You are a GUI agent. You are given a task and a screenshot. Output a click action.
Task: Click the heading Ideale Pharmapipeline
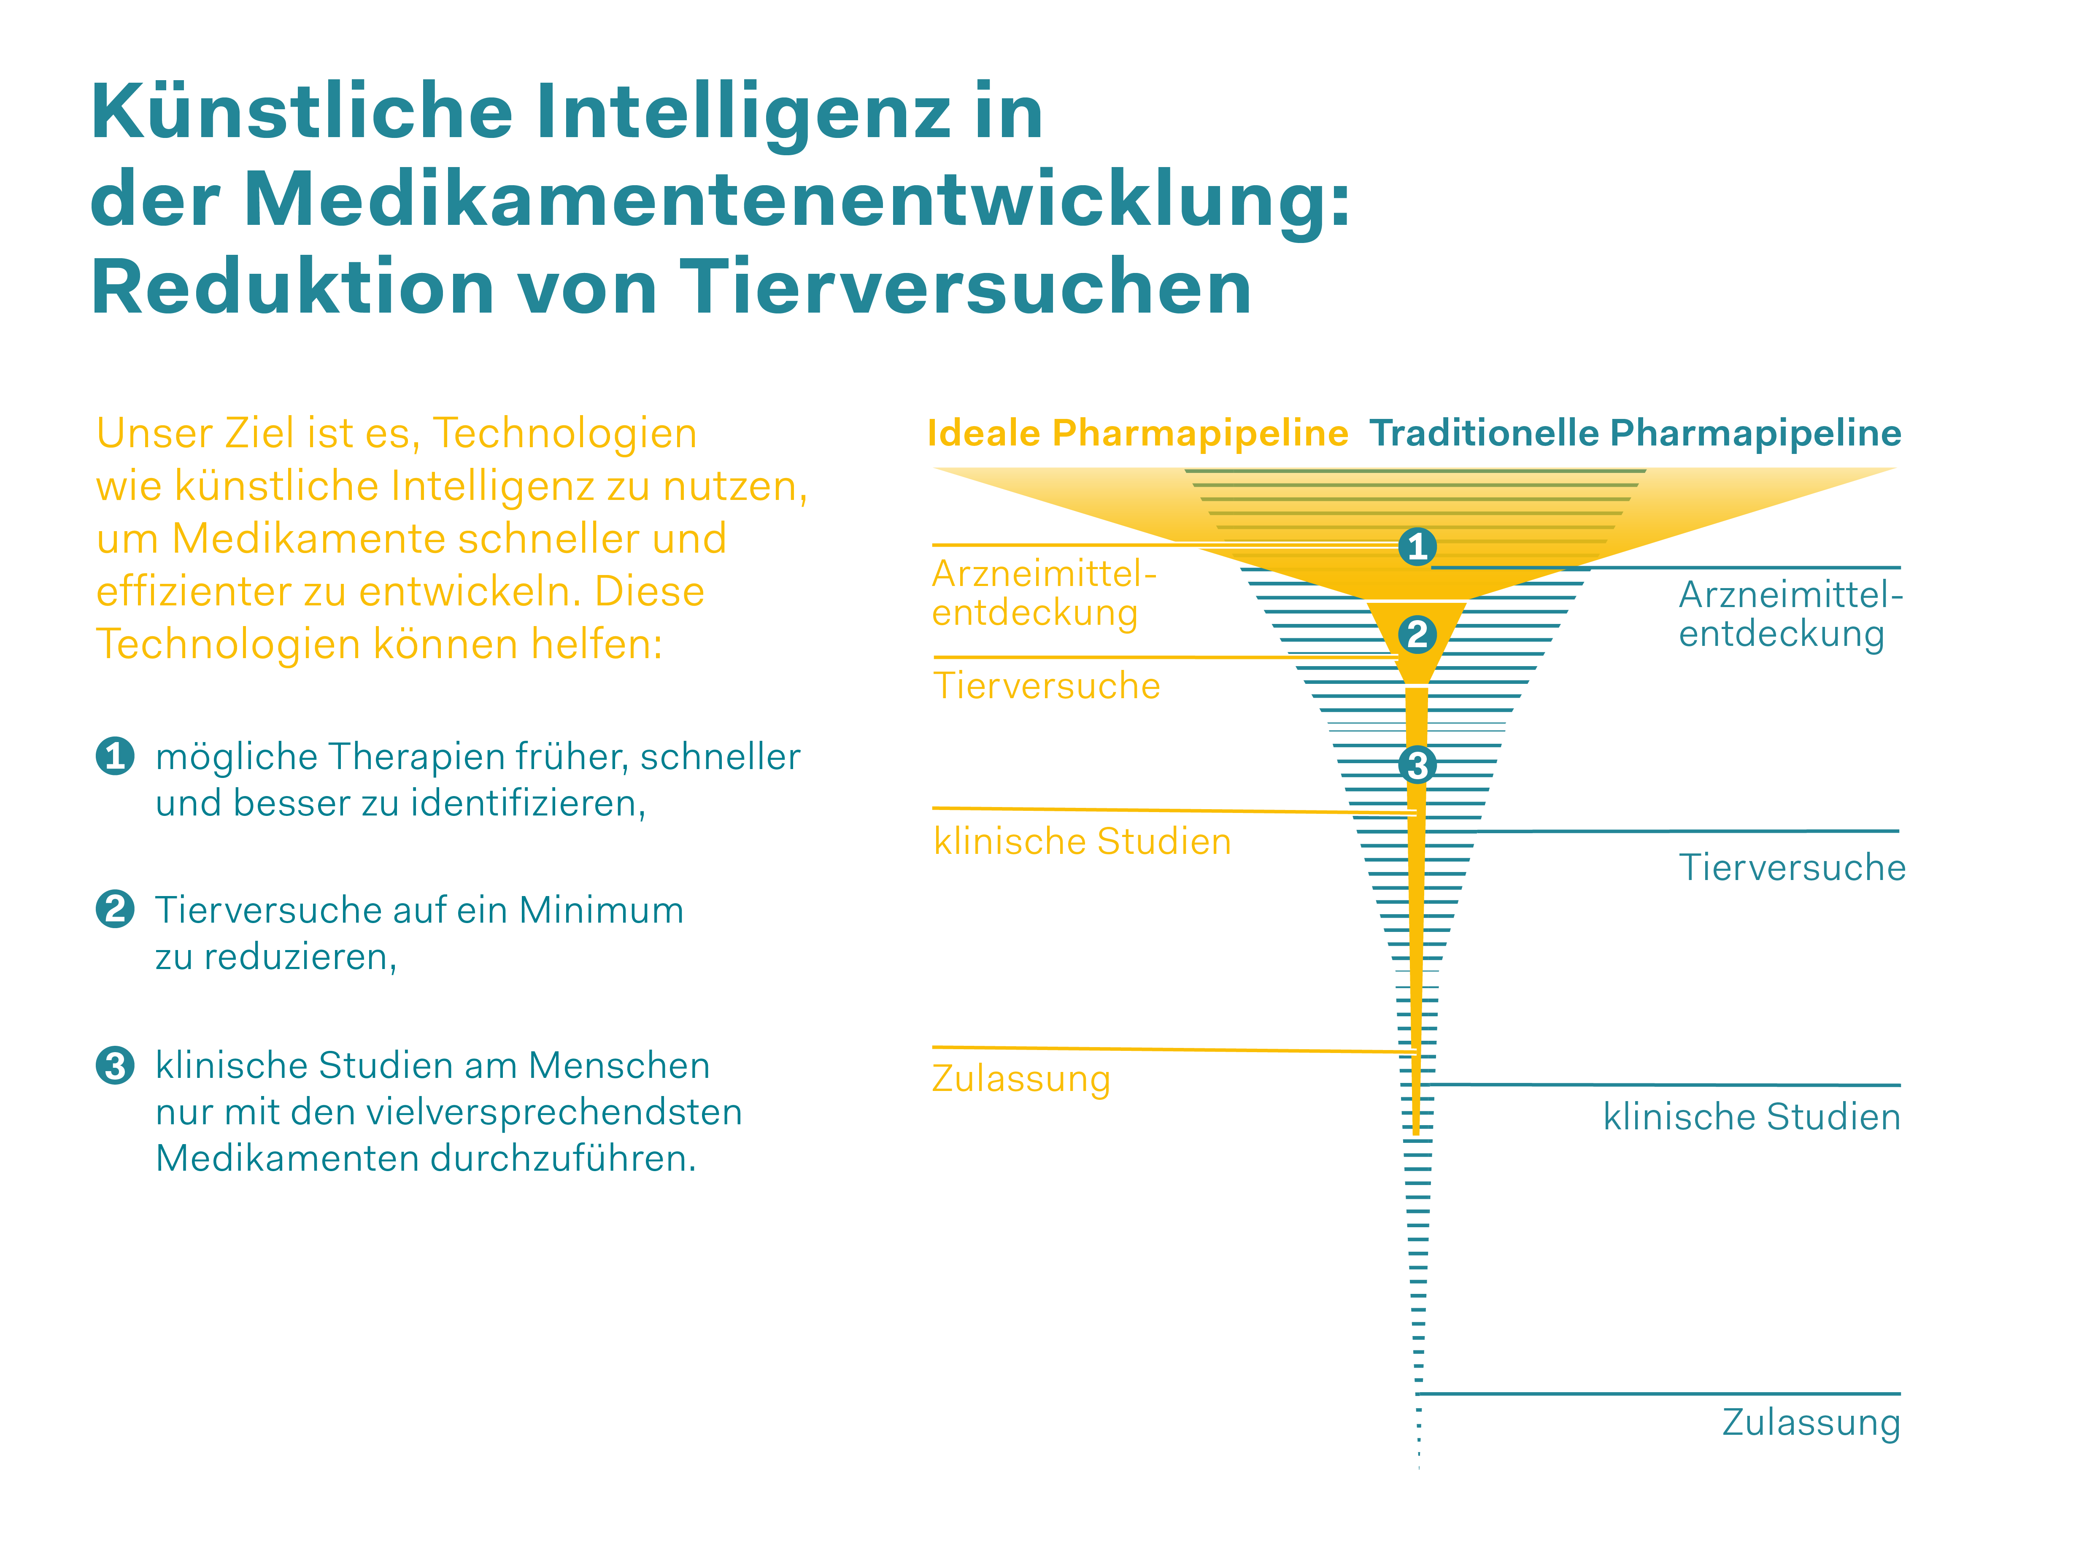(x=1137, y=434)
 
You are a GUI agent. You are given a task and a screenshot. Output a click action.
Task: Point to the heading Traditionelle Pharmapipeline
(x=1634, y=434)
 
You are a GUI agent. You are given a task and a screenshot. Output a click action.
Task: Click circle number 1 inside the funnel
(x=1417, y=546)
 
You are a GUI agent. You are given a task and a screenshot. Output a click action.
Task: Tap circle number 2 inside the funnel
(x=1417, y=634)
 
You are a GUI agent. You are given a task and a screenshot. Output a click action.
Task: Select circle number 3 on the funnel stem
(x=1417, y=765)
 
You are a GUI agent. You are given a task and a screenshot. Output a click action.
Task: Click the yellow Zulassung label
(x=1020, y=1079)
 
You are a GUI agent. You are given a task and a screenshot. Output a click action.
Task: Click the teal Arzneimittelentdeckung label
(x=1789, y=614)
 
